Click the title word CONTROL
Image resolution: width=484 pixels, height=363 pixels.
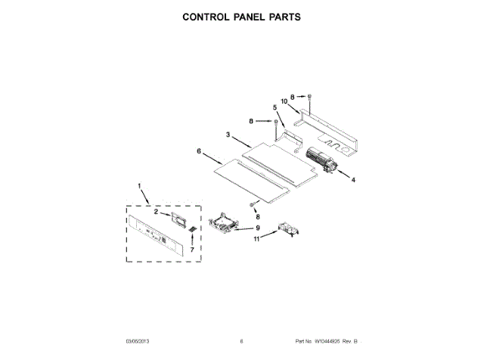(209, 16)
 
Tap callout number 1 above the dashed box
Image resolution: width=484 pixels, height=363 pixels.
(139, 186)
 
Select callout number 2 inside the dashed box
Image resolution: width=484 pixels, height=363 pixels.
(156, 213)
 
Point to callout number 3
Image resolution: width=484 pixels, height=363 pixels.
(228, 135)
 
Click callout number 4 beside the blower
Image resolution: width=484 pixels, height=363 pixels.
(352, 180)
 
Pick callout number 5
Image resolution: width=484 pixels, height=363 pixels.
(275, 107)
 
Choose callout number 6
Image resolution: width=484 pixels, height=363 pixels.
(199, 151)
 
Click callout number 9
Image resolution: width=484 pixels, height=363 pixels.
(257, 228)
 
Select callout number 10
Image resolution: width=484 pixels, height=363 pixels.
(285, 101)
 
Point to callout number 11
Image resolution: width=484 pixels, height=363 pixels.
(256, 240)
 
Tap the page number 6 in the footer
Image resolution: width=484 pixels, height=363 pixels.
(241, 342)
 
